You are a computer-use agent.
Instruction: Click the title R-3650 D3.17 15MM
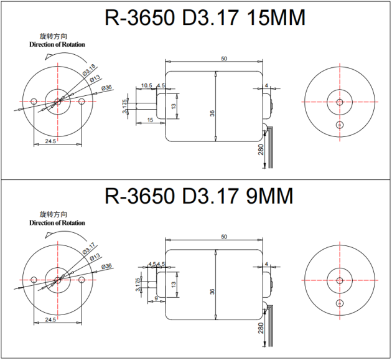[x=205, y=18]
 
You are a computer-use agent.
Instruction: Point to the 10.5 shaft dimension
[x=147, y=85]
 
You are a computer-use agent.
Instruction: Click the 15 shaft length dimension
[x=150, y=120]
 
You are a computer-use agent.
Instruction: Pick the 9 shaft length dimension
[x=154, y=298]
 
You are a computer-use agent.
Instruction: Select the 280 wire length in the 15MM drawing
[x=261, y=149]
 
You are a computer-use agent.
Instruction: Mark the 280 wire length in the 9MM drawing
[x=261, y=329]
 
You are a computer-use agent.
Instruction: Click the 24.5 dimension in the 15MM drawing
[x=50, y=141]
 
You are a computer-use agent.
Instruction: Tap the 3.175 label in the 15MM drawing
[x=125, y=107]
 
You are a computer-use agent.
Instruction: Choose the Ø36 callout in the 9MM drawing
[x=106, y=266]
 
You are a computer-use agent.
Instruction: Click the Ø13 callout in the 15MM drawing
[x=95, y=79]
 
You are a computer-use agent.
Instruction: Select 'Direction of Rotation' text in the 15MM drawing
[x=57, y=45]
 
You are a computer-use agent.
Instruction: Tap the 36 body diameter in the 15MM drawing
[x=212, y=113]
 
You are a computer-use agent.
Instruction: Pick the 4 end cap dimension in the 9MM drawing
[x=266, y=264]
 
